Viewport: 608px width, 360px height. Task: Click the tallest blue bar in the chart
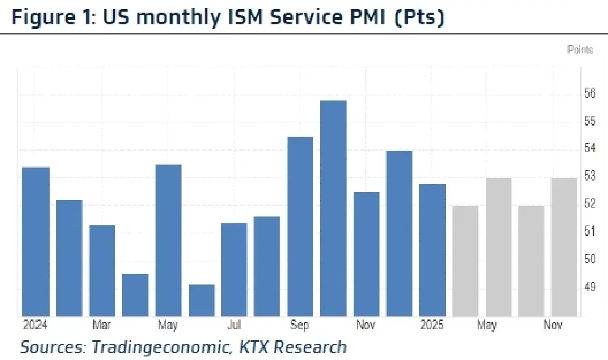click(333, 208)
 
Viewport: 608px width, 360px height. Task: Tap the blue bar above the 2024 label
click(35, 241)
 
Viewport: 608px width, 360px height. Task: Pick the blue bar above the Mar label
click(102, 270)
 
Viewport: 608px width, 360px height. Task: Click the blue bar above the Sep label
click(300, 226)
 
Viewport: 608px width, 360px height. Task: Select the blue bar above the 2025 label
click(432, 250)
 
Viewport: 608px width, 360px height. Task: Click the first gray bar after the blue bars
click(465, 261)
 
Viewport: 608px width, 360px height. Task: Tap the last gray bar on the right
click(564, 247)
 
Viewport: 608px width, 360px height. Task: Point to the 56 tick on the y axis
click(589, 94)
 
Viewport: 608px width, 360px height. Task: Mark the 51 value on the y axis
click(589, 231)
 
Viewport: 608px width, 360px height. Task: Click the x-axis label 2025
click(432, 325)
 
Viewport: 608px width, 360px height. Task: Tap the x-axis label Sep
click(299, 325)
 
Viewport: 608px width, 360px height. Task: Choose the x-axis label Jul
click(234, 325)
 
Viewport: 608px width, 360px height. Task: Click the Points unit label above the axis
click(580, 50)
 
